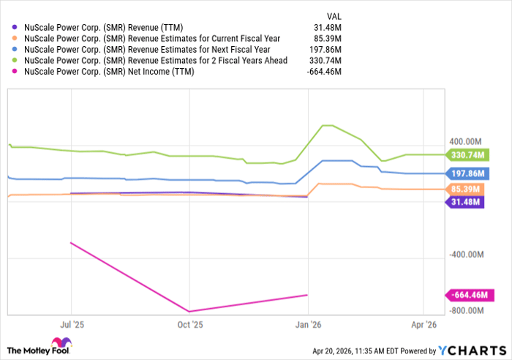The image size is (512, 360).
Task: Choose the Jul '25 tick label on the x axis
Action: point(71,323)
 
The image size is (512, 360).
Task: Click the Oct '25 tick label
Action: point(189,323)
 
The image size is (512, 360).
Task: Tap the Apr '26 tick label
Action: point(424,323)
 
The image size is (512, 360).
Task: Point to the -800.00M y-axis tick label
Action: point(465,310)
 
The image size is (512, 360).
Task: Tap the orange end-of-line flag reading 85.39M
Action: point(465,189)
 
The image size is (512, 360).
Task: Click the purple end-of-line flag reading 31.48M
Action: point(465,202)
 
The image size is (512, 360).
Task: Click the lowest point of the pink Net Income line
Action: point(189,311)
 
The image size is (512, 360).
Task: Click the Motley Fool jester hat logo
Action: point(59,345)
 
